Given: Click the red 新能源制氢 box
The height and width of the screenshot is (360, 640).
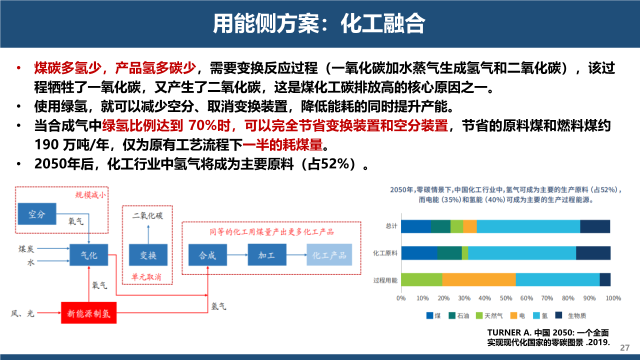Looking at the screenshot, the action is (x=88, y=312).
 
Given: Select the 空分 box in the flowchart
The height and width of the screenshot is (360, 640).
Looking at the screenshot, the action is (x=37, y=213).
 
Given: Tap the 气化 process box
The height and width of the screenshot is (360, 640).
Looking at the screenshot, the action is (x=89, y=255).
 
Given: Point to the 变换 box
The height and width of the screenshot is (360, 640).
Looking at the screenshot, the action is (x=148, y=255).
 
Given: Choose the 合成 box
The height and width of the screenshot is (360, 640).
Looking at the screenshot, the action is (x=207, y=255).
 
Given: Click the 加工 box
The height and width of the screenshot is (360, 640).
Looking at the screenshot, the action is (x=267, y=255).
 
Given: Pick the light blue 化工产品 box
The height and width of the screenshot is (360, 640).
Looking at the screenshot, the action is (x=329, y=255).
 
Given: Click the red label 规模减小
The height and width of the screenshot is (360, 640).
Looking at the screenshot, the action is (x=90, y=195).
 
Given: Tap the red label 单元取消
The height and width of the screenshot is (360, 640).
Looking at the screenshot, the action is (x=146, y=276).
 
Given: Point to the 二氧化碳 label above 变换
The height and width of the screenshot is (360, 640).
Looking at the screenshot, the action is (x=147, y=215).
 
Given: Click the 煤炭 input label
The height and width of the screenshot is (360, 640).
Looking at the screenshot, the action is (x=26, y=249).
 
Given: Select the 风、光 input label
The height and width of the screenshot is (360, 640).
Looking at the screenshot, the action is (x=22, y=313).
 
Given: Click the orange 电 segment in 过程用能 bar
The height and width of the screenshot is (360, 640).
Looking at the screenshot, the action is (x=479, y=279).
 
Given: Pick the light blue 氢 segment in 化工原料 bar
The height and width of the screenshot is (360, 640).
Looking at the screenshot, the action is (x=522, y=253).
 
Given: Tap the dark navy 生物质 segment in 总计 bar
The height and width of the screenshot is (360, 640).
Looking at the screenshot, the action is (x=595, y=226).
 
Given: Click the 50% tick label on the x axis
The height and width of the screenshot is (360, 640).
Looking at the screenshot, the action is (x=505, y=298).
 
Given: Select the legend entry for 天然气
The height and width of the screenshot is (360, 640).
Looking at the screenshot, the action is (x=489, y=315).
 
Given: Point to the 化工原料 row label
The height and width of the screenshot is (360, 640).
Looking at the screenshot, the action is (x=385, y=253).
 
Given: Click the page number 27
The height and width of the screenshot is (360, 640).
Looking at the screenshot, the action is (x=625, y=347).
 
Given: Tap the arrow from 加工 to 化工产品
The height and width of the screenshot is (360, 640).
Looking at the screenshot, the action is (x=296, y=255).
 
